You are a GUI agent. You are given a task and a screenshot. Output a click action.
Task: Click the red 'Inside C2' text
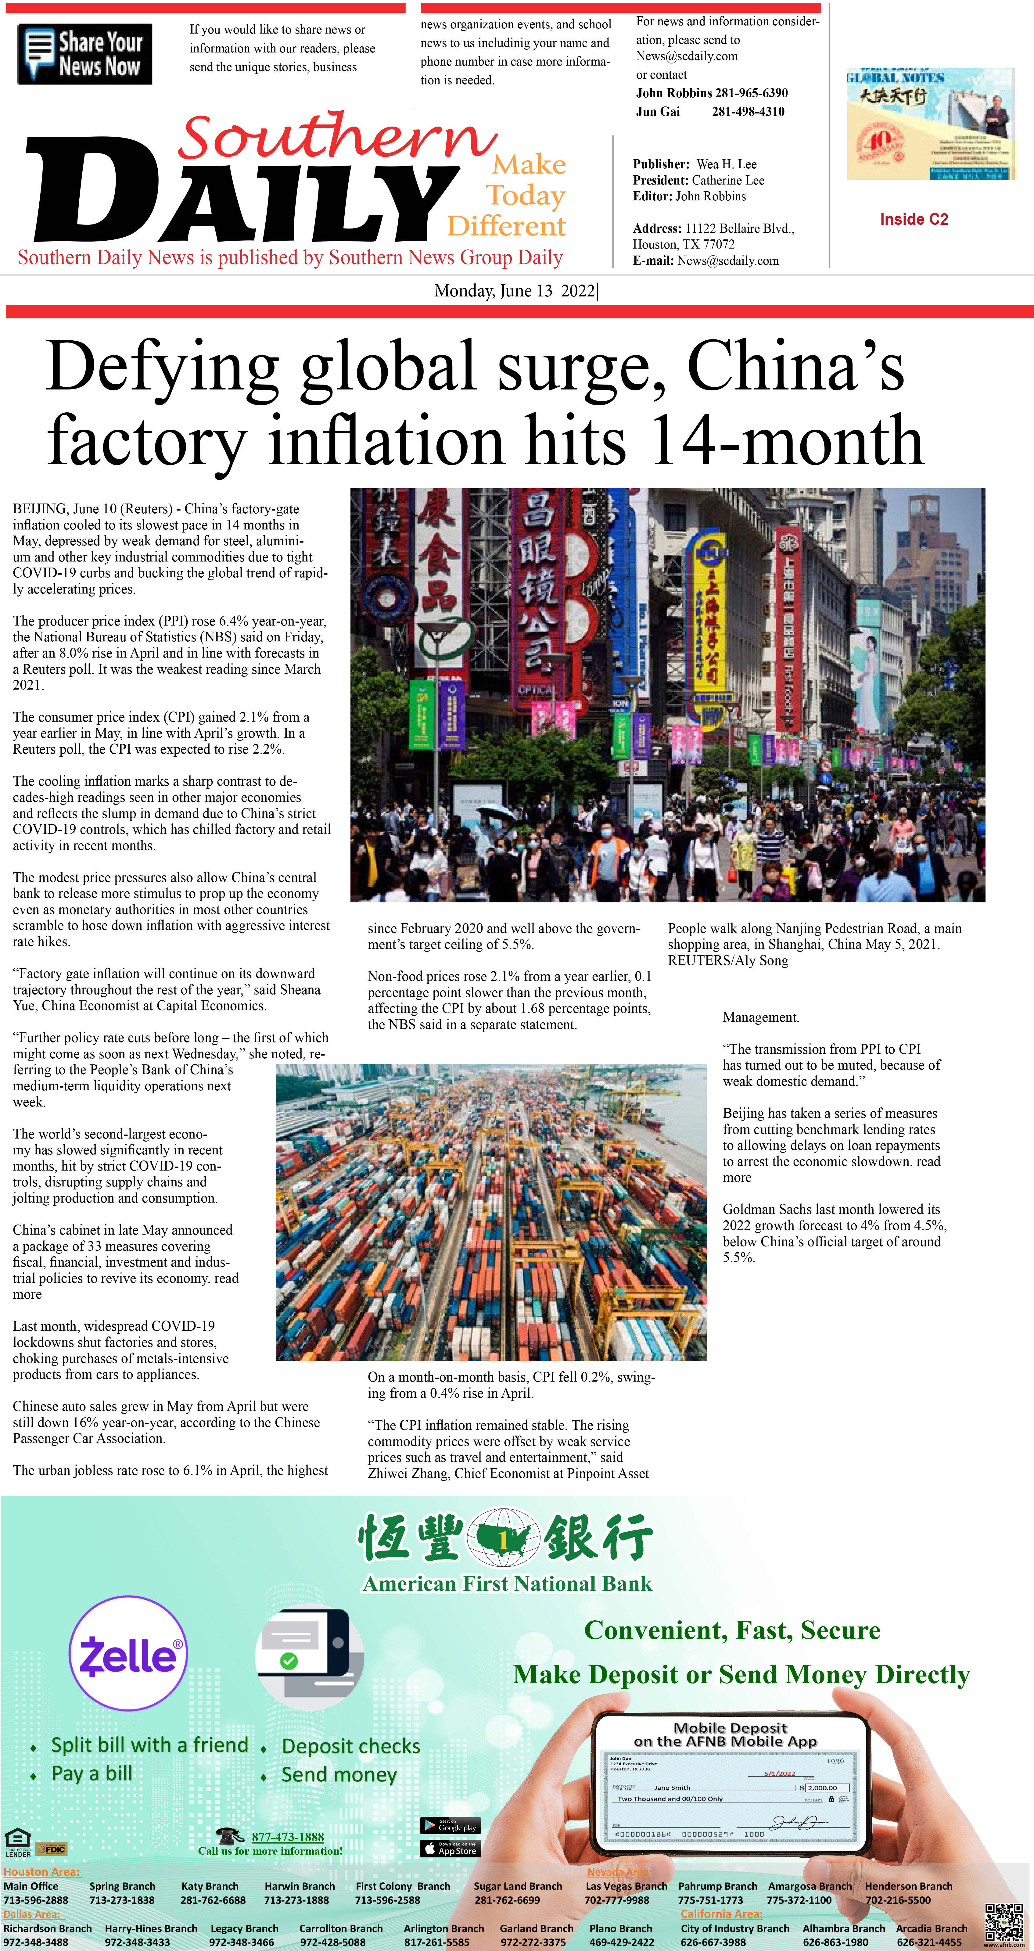click(914, 220)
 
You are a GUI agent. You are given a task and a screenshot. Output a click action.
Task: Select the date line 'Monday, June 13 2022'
click(515, 291)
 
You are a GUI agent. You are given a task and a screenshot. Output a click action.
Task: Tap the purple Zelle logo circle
click(128, 1653)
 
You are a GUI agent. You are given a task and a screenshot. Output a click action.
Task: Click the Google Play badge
click(450, 1826)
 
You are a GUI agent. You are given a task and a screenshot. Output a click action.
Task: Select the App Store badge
click(450, 1849)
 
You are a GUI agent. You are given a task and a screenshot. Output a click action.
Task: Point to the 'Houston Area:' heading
click(42, 1871)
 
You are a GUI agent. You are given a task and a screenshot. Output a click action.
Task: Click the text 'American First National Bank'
click(507, 1584)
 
